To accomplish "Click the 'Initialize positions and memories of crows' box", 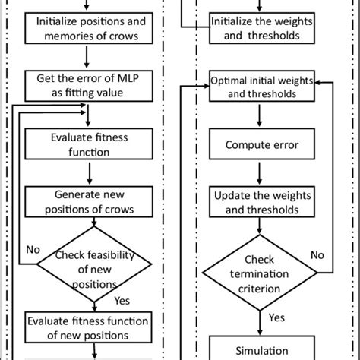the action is pos(89,28).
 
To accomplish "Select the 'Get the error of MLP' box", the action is pos(89,86).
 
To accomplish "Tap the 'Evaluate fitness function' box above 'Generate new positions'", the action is pos(89,144).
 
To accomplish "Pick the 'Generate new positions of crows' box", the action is pos(89,202).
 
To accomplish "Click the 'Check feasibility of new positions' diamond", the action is pos(94,264).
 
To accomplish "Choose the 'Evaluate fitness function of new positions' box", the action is pos(88,327).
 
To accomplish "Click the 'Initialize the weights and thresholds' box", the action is pos(262,28).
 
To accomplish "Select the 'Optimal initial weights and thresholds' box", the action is pos(262,86).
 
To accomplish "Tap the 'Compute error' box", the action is pos(262,144).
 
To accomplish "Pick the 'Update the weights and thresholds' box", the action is pos(262,202).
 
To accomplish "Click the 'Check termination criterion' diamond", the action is pos(260,273).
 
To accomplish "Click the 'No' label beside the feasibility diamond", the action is pos(33,250).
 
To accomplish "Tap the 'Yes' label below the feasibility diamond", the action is pos(122,301).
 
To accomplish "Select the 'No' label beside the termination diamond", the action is pos(317,255).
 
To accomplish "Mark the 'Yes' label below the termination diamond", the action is pos(276,317).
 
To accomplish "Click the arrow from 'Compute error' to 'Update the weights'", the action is pos(259,173).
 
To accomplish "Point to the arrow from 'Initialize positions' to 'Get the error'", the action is pos(87,57).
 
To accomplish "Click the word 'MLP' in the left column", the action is pos(128,78).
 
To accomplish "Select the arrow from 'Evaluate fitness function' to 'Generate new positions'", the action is pos(90,173).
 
